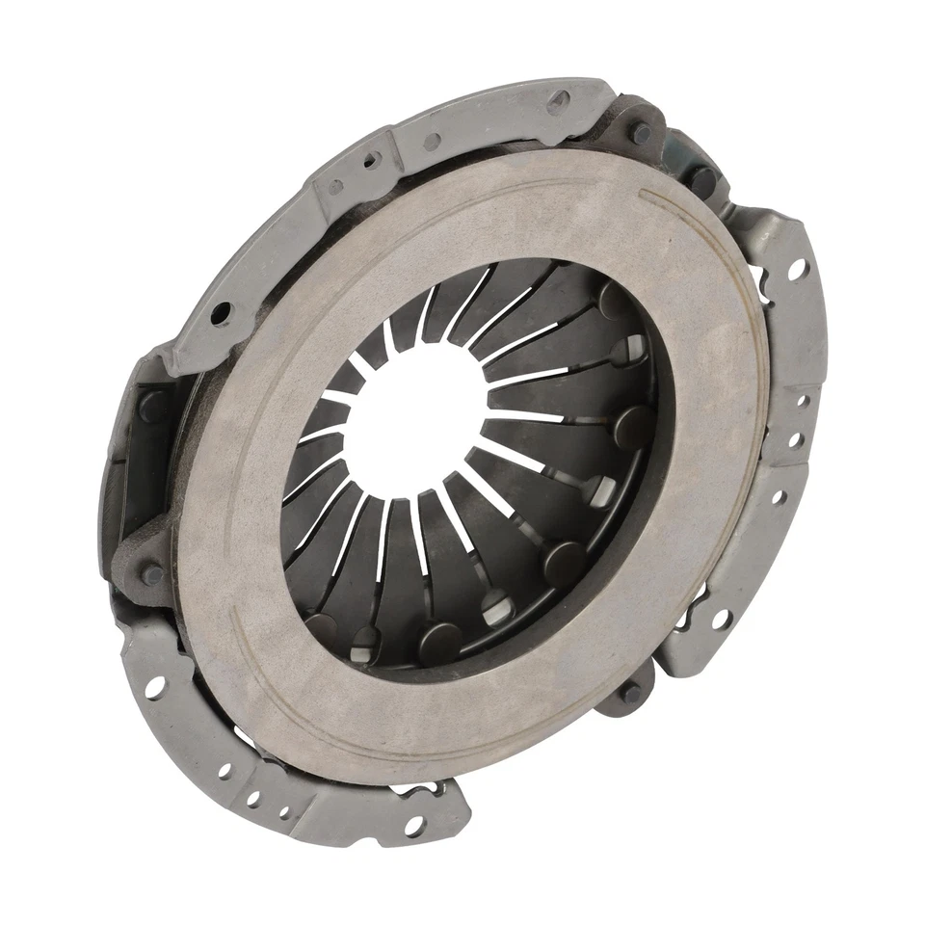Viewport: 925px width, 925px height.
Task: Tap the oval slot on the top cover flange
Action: [x=557, y=103]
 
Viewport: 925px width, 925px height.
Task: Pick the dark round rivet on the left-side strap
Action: [x=154, y=574]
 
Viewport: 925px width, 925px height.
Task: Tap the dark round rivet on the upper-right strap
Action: [x=701, y=179]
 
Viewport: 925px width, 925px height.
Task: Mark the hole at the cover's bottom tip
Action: [x=413, y=827]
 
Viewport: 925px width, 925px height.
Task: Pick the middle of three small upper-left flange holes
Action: [x=370, y=162]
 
